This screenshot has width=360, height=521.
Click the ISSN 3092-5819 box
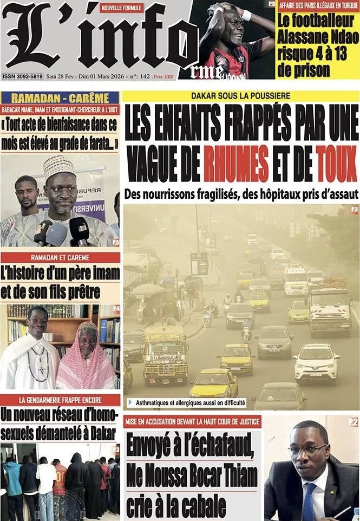click(23, 76)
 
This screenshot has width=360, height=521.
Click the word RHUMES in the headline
click(237, 159)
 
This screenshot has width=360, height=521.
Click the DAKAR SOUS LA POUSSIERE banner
click(240, 96)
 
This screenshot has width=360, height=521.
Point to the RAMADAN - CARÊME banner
click(60, 98)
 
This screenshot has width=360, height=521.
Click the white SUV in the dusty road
click(317, 362)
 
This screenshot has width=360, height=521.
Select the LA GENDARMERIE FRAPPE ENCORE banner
click(60, 400)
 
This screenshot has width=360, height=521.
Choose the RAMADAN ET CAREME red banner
click(60, 257)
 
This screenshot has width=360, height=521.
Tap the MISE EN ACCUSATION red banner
click(192, 421)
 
